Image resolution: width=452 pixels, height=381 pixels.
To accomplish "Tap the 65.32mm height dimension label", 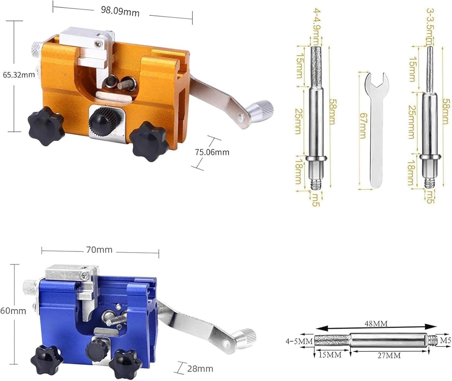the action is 19,75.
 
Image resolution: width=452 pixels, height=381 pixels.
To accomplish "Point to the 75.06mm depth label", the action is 212,152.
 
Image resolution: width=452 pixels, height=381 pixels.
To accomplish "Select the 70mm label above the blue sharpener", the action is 99,250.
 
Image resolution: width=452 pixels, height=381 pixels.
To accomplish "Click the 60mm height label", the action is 13,311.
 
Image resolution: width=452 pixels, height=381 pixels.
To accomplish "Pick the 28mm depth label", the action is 200,369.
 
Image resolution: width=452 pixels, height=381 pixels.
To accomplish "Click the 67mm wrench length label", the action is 363,126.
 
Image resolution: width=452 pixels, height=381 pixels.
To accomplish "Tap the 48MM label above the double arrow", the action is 376,324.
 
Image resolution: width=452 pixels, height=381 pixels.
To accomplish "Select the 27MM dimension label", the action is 389,355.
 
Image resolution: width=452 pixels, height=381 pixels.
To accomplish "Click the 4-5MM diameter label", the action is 299,342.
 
